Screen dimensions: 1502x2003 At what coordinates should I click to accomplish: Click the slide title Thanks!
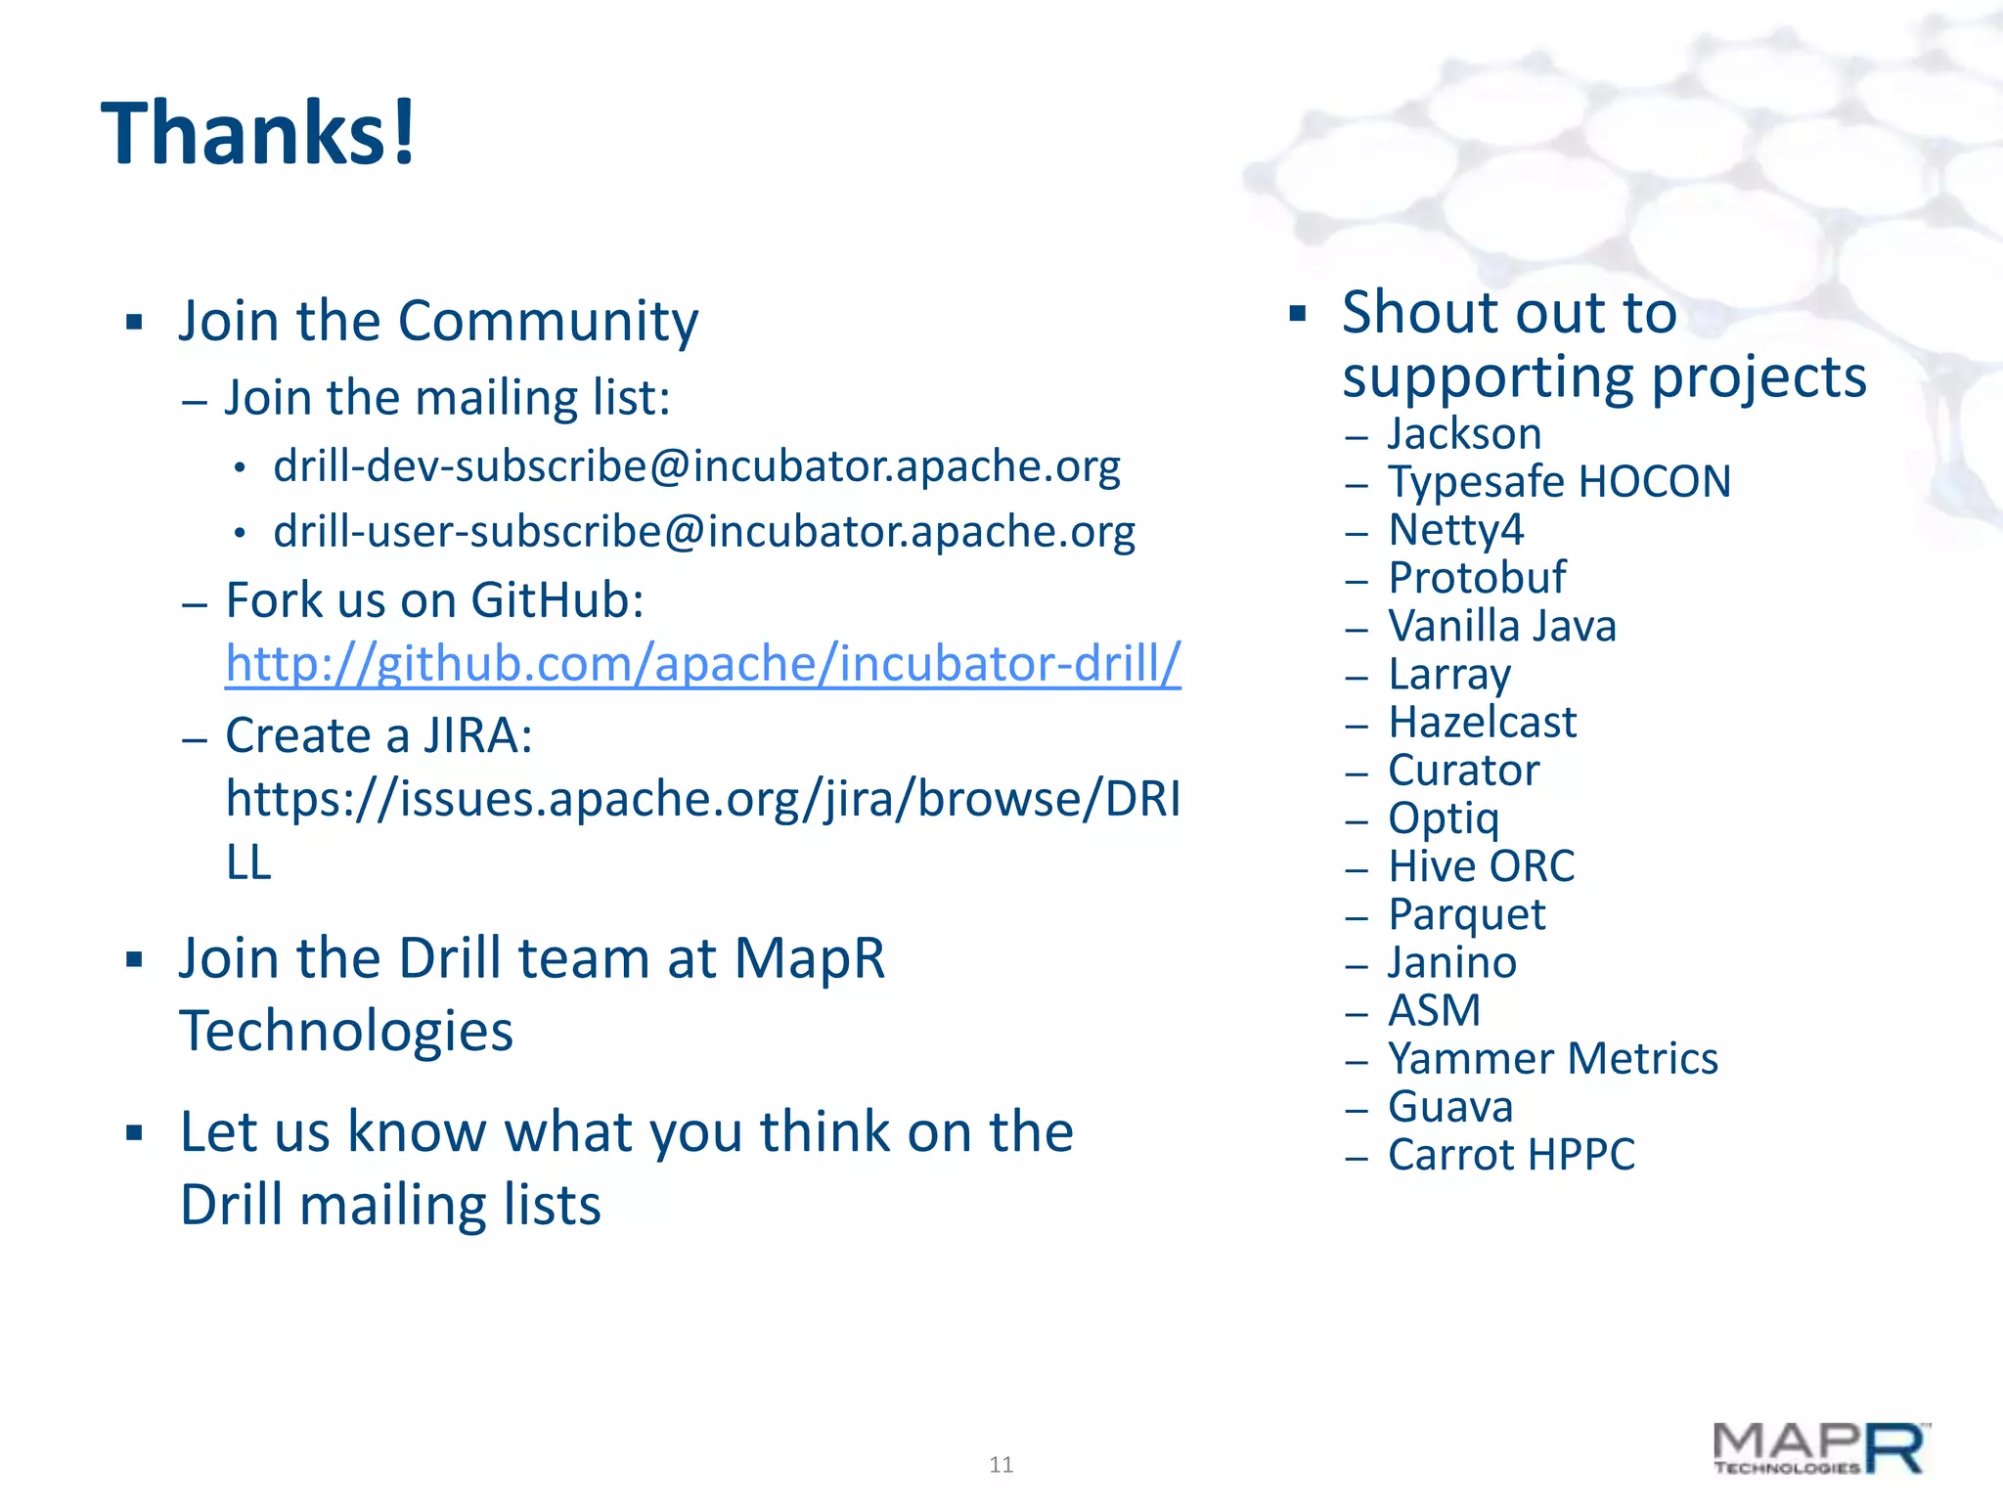pos(259,134)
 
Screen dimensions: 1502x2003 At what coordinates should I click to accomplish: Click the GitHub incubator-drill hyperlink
pos(702,663)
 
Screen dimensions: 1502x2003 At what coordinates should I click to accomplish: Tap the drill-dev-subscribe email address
pos(696,465)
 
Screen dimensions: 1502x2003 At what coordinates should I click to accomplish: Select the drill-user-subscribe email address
pos(704,532)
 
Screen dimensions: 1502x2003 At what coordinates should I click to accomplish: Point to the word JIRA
pos(477,735)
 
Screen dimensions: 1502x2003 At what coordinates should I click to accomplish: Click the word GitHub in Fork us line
pos(556,599)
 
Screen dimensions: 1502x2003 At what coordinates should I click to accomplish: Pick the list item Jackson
pos(1464,433)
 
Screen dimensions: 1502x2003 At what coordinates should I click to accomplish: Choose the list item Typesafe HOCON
pos(1559,481)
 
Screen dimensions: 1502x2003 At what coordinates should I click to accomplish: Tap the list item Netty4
pos(1455,530)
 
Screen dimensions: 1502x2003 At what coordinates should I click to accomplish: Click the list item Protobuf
pos(1477,578)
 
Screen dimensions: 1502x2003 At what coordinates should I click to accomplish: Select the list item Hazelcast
pos(1482,723)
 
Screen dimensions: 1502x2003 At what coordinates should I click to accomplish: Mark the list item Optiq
pos(1444,818)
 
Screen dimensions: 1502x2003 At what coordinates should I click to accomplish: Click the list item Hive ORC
pos(1481,866)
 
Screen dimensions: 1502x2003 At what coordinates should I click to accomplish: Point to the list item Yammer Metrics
pos(1552,1058)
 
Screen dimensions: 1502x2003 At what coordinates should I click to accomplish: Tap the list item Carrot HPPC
pos(1511,1155)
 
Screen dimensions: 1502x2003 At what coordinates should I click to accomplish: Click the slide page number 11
pos(1001,1465)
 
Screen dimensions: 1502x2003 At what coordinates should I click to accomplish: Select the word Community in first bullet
pos(548,321)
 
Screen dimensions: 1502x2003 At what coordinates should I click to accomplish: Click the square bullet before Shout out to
pos(1298,314)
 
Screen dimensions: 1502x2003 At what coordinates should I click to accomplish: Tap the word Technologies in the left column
pos(346,1031)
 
